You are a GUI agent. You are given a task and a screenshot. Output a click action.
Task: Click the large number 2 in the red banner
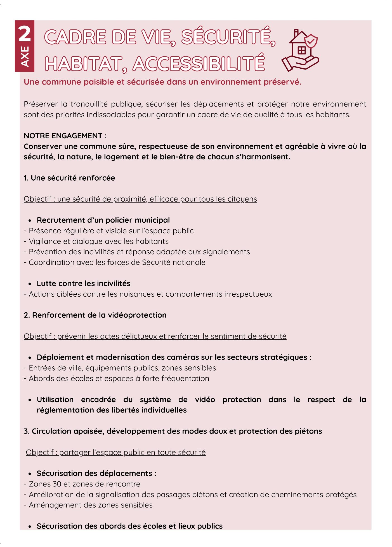[25, 34]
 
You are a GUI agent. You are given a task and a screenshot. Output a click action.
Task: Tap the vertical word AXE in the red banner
[25, 57]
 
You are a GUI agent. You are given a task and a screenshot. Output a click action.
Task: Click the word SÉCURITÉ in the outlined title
[228, 37]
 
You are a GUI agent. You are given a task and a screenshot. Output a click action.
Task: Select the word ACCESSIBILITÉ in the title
[199, 64]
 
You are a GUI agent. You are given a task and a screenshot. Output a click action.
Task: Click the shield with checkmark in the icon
[311, 41]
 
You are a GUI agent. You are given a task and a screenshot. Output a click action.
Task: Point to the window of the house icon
[301, 50]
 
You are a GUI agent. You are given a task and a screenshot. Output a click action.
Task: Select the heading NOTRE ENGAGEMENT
[65, 136]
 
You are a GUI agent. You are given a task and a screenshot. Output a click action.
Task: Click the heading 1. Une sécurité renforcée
[69, 178]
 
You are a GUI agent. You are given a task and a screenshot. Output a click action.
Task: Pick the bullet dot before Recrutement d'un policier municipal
[30, 221]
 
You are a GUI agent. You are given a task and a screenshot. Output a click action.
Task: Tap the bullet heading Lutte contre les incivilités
[83, 284]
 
